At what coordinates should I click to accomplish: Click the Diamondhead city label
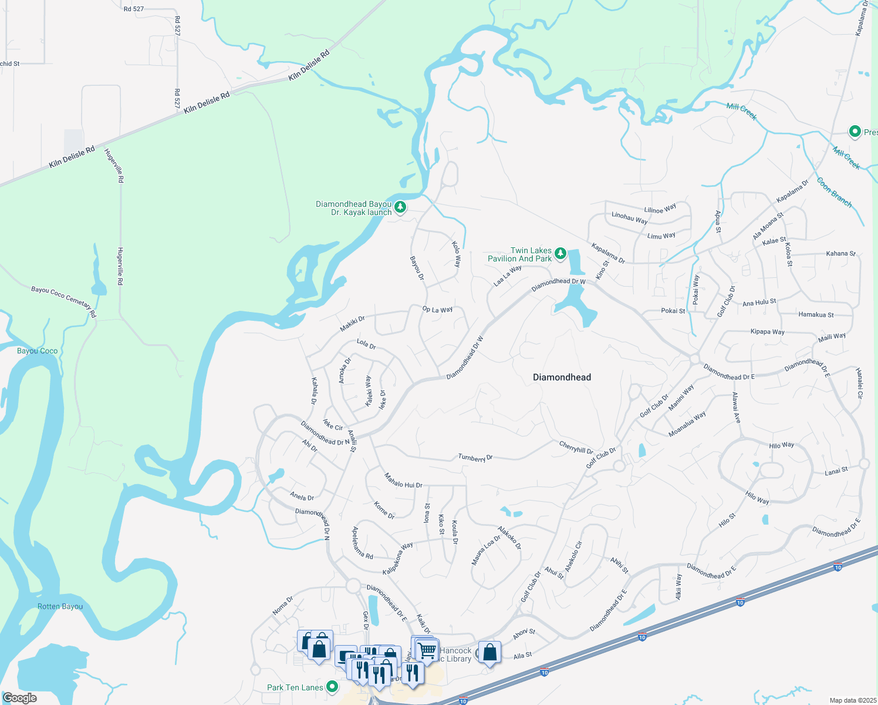562,377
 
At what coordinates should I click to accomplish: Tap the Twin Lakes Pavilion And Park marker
560,254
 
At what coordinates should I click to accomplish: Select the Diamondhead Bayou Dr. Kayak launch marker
400,207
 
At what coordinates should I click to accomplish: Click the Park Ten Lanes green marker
332,686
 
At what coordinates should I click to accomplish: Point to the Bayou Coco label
38,351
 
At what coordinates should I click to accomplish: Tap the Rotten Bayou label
60,606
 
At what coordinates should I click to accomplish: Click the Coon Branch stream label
834,192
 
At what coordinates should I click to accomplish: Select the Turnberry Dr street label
475,458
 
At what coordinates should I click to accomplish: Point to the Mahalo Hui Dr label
403,481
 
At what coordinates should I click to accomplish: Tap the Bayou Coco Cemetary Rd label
63,301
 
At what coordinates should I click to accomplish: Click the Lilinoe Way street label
660,209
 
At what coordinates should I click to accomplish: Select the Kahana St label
840,254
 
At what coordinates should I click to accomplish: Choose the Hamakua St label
816,315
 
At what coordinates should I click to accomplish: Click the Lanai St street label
836,471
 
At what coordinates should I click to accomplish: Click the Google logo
19,698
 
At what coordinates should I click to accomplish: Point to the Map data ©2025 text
852,700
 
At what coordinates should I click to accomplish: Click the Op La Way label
437,309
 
